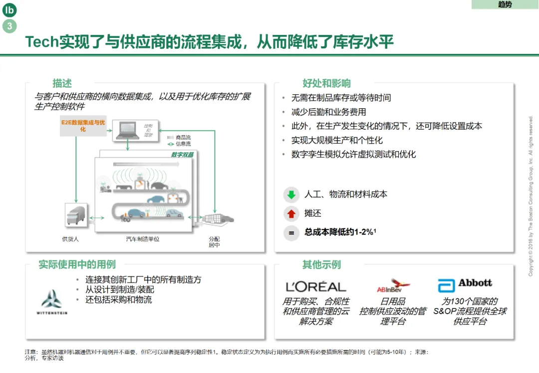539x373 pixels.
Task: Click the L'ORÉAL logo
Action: coord(316,287)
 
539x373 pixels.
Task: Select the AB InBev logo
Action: coord(393,286)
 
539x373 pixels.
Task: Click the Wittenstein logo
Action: coord(52,302)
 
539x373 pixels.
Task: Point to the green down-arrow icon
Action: coord(291,194)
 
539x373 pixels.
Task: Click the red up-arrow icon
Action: coord(291,214)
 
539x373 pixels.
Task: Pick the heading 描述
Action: coord(62,83)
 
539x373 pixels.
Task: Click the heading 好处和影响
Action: coord(326,83)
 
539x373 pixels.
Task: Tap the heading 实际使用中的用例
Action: coord(77,264)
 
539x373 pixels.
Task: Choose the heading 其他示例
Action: coord(321,264)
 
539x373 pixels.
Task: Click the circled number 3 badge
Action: coord(9,26)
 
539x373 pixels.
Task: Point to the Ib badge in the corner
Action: coord(9,10)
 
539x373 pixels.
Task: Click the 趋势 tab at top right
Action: coord(505,4)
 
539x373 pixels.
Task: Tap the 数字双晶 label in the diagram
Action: coord(182,155)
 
